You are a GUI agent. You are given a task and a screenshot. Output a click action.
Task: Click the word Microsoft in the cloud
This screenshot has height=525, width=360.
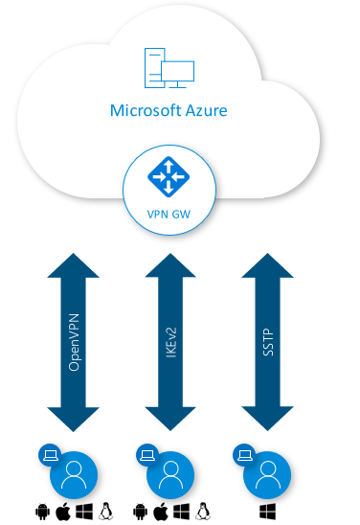pyautogui.click(x=142, y=110)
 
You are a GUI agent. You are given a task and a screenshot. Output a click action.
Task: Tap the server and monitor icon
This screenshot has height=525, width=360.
pyautogui.click(x=169, y=68)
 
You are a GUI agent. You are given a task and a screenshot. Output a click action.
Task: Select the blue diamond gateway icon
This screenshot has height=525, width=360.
pyautogui.click(x=169, y=176)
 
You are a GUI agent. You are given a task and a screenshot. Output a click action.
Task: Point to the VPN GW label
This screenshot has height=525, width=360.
pyautogui.click(x=169, y=214)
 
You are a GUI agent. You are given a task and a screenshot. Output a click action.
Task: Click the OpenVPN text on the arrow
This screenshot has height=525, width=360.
pyautogui.click(x=74, y=342)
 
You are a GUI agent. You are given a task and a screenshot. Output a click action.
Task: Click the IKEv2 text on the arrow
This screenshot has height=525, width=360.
pyautogui.click(x=171, y=342)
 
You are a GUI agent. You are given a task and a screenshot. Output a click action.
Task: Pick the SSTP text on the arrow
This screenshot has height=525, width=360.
pyautogui.click(x=268, y=342)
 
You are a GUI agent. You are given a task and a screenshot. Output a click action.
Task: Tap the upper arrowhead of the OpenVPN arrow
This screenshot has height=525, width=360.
pyautogui.click(x=74, y=265)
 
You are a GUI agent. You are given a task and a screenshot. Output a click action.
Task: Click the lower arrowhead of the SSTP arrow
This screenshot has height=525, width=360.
pyautogui.click(x=268, y=419)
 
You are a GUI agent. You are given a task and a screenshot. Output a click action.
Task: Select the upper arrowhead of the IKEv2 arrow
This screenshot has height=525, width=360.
pyautogui.click(x=170, y=265)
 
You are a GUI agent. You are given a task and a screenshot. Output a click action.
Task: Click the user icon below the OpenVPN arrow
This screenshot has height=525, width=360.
pyautogui.click(x=74, y=475)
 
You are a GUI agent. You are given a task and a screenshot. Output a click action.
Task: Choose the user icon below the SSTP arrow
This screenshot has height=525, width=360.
pyautogui.click(x=267, y=475)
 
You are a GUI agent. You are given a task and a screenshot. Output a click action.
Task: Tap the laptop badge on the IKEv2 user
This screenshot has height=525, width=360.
pyautogui.click(x=147, y=455)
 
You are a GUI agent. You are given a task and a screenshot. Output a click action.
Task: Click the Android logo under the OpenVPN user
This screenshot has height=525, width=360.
pyautogui.click(x=42, y=512)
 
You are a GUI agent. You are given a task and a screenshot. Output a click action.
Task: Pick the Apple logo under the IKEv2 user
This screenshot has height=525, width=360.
pyautogui.click(x=161, y=512)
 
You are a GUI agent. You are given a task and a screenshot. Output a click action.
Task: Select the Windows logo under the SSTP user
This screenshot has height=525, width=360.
pyautogui.click(x=268, y=512)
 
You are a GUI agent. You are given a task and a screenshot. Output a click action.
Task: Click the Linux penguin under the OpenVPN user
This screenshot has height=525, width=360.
pyautogui.click(x=106, y=512)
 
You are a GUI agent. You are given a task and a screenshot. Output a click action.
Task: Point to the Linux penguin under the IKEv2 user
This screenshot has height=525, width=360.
pyautogui.click(x=203, y=512)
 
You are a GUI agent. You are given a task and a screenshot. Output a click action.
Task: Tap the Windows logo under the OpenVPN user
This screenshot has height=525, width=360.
pyautogui.click(x=84, y=512)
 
